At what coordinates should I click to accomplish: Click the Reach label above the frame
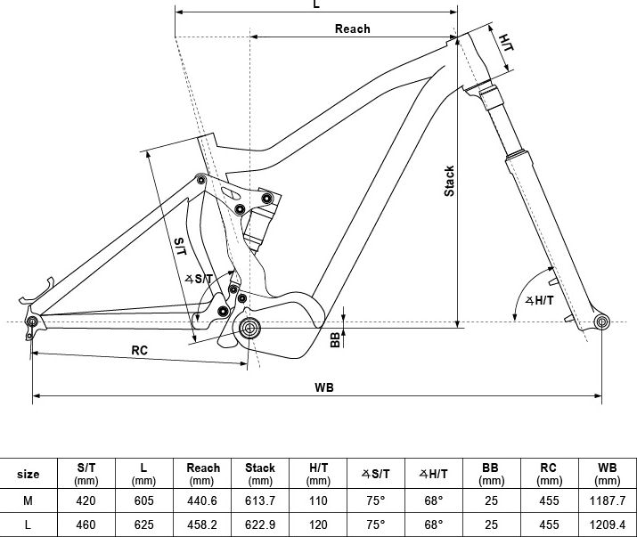coord(352,28)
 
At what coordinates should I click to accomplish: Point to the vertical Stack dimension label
coord(449,181)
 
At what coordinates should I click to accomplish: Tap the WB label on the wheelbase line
coord(324,387)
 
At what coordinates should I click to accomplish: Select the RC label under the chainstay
coord(139,350)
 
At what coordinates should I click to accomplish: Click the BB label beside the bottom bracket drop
coord(335,339)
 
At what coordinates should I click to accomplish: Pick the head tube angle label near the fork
coord(540,301)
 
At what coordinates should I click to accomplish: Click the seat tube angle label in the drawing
coord(199,279)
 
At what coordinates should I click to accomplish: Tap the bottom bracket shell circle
coord(249,328)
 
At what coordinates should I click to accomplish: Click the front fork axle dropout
coord(601,322)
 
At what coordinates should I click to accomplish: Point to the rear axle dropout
coord(31,321)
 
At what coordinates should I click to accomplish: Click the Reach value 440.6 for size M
coord(202,500)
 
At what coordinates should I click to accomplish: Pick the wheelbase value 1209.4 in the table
coord(608,525)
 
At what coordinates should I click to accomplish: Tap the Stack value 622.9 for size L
coord(259,525)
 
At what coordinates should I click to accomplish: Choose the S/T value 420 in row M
coord(86,500)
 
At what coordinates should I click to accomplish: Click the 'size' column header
coord(28,474)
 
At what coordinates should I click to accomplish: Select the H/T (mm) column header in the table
coord(318,474)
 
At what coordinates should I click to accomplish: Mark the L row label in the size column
coord(28,525)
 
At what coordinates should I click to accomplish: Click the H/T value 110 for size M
coord(318,500)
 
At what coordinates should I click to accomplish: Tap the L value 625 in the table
coord(143,525)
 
